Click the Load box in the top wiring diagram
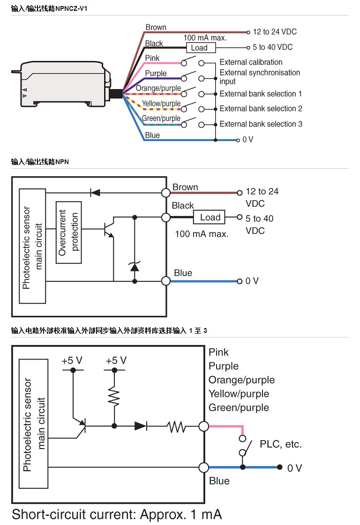point(199,48)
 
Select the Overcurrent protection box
point(68,232)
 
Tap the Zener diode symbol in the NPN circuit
point(135,266)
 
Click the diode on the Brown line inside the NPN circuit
point(95,192)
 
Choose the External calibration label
point(251,62)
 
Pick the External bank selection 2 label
point(261,109)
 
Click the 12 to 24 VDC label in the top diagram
point(275,32)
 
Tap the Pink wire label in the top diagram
point(152,58)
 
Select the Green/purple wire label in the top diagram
point(161,119)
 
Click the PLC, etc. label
point(281,444)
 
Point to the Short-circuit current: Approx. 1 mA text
point(117,514)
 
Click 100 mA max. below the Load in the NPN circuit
point(202,233)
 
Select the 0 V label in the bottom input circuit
point(294,468)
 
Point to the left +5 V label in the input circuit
point(72,360)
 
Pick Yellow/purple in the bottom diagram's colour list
point(239,394)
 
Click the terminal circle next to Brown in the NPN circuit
point(165,192)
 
